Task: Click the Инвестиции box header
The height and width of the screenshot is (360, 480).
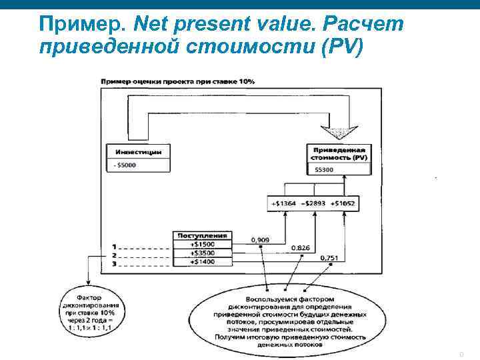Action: pyautogui.click(x=137, y=151)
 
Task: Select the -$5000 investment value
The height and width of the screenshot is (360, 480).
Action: pyautogui.click(x=125, y=165)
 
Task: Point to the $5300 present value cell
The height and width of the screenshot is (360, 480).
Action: pyautogui.click(x=325, y=170)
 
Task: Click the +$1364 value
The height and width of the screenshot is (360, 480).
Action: pyautogui.click(x=284, y=203)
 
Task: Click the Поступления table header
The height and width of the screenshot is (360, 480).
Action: pyautogui.click(x=202, y=235)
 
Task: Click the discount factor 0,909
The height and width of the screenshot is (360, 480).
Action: pyautogui.click(x=260, y=239)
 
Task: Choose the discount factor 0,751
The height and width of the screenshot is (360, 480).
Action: pyautogui.click(x=329, y=257)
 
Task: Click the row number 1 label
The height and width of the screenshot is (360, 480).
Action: pyautogui.click(x=114, y=246)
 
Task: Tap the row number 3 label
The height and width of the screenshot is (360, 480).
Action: pyautogui.click(x=114, y=264)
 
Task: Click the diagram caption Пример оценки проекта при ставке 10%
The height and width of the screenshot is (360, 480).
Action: pyautogui.click(x=177, y=82)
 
